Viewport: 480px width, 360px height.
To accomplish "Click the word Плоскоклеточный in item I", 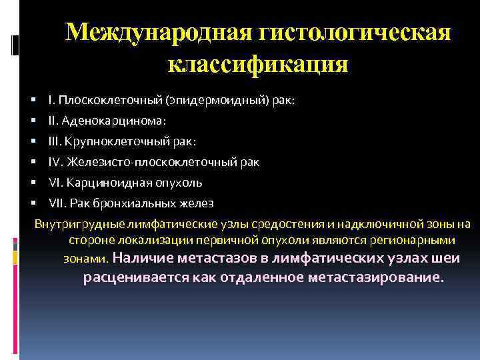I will coord(101,101).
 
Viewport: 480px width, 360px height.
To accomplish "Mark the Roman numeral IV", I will coord(55,162).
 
